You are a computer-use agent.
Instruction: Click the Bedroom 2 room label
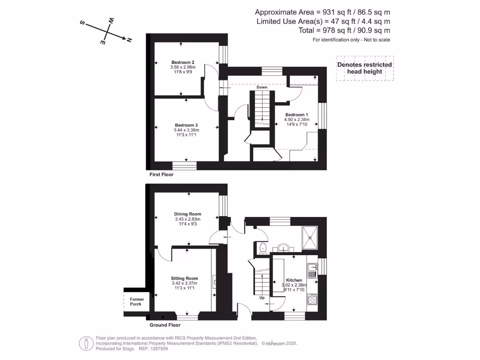click(x=183, y=62)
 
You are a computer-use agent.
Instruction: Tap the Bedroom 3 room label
click(x=187, y=125)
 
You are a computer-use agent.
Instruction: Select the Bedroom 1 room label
click(x=297, y=115)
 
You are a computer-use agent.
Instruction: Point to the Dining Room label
click(x=187, y=214)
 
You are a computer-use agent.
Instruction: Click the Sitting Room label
click(x=184, y=278)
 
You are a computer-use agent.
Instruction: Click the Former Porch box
click(x=136, y=301)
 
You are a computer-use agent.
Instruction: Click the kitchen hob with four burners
click(x=313, y=299)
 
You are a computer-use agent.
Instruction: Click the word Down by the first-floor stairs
click(x=262, y=88)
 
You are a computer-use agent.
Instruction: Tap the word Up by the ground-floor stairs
click(x=262, y=297)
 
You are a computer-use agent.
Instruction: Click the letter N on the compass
click(x=128, y=40)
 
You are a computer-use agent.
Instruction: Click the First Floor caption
click(x=161, y=175)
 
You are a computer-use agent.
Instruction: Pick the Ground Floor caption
click(x=165, y=325)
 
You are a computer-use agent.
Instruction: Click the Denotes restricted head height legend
click(x=365, y=68)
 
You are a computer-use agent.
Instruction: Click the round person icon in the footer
click(x=86, y=343)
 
